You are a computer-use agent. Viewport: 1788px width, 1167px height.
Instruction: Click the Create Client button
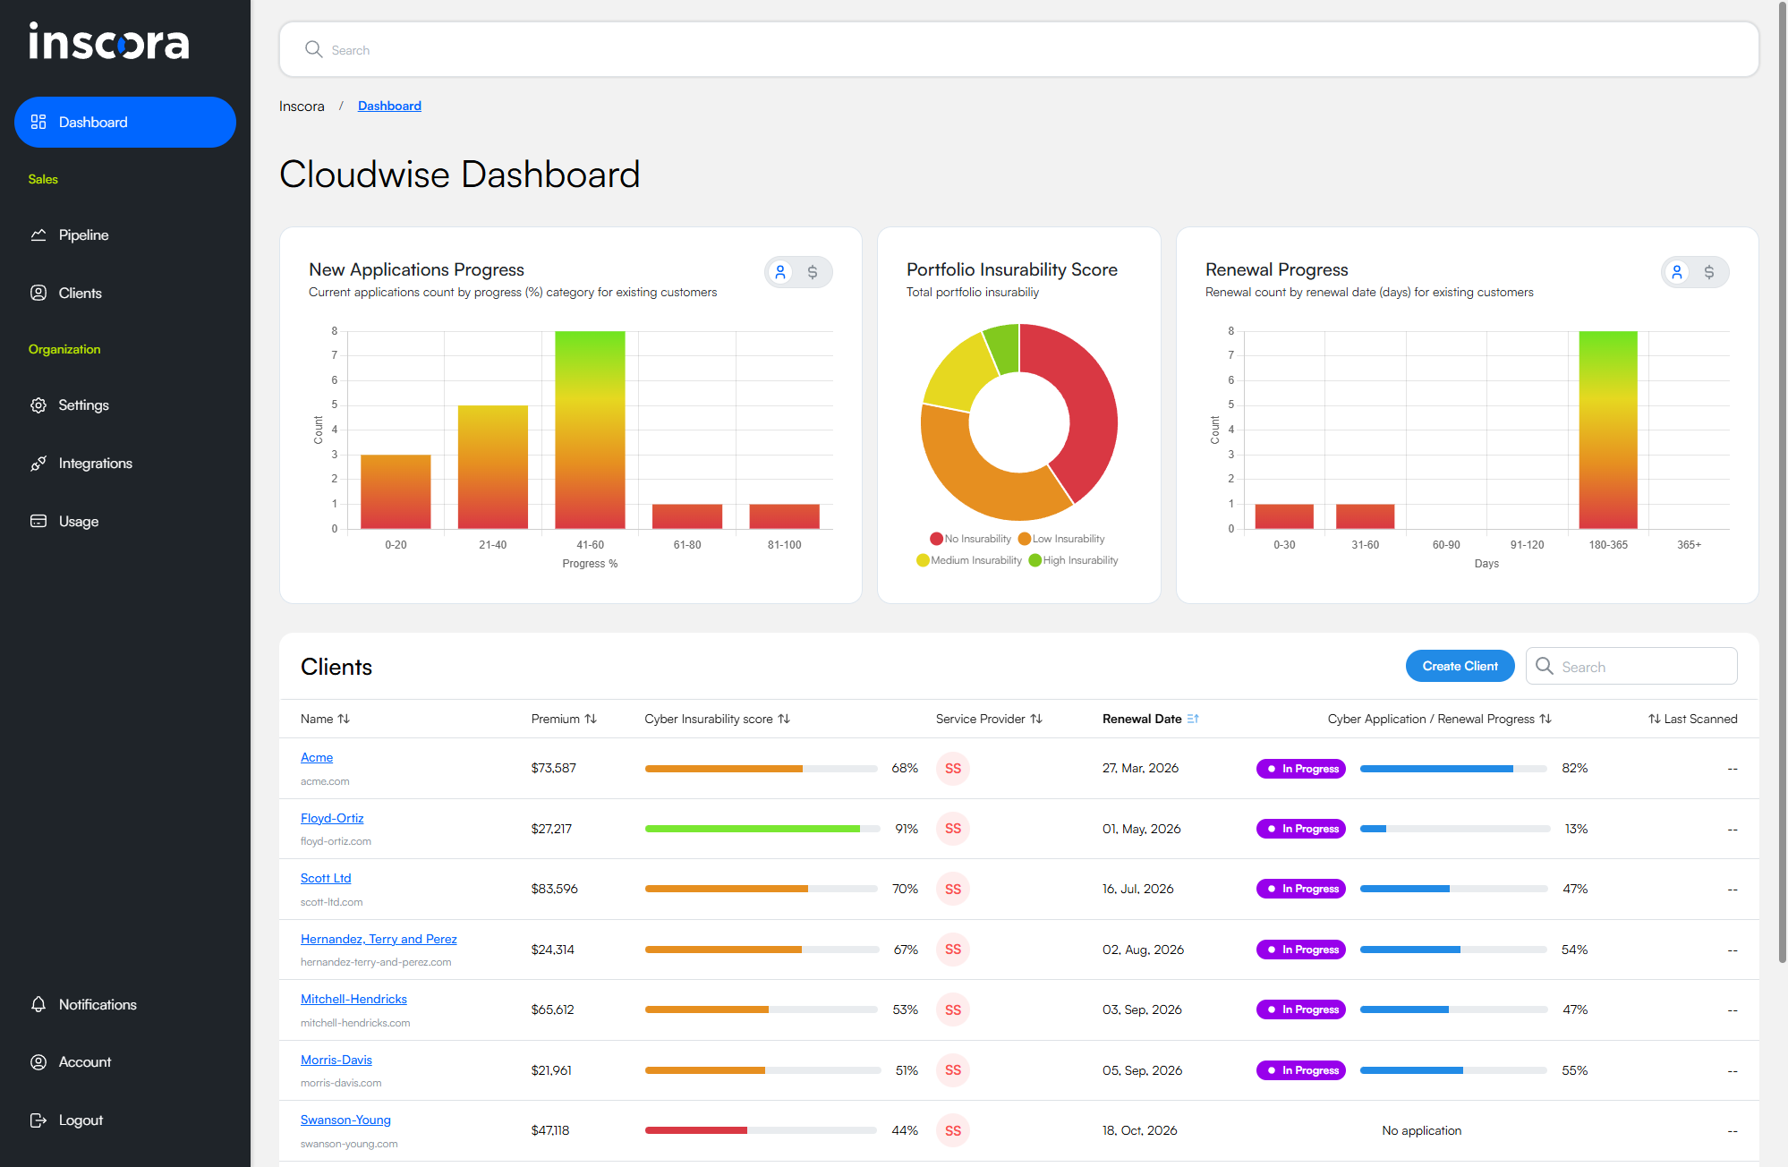(x=1460, y=666)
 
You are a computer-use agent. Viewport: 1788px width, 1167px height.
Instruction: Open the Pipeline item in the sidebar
(x=83, y=235)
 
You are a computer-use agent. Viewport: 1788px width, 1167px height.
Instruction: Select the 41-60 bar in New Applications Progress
(x=590, y=430)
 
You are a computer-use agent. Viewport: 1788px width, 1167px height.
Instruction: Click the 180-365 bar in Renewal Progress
(x=1607, y=430)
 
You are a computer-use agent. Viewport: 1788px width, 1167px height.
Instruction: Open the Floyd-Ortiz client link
(x=332, y=818)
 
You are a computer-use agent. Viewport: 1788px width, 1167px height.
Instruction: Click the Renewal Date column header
(x=1142, y=719)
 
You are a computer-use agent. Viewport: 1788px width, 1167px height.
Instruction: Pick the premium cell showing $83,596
(x=554, y=889)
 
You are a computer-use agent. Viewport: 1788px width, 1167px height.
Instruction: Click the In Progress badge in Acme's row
(x=1301, y=769)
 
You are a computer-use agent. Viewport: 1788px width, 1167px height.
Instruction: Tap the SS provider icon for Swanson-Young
(x=953, y=1130)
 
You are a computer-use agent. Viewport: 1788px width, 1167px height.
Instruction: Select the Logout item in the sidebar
(x=81, y=1120)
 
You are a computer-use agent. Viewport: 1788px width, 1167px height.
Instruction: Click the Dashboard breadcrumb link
(x=389, y=106)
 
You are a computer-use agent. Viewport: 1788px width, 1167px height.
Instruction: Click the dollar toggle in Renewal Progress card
(x=1709, y=272)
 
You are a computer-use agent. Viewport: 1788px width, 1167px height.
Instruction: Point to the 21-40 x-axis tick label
(x=492, y=545)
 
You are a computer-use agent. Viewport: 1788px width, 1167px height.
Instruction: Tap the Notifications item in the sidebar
(x=98, y=1005)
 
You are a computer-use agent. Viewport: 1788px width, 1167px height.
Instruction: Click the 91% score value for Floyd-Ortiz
(x=907, y=829)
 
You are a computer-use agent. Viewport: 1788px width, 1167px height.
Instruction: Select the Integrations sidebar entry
(x=95, y=464)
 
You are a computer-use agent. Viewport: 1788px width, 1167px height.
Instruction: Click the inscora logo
(x=109, y=42)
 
